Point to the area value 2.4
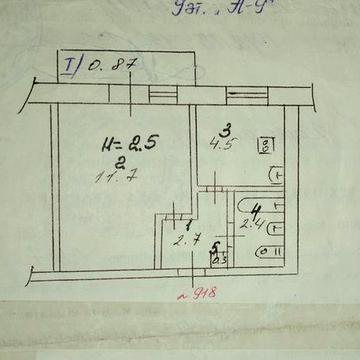[x=252, y=224]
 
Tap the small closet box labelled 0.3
[x=218, y=262]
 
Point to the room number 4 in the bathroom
[x=257, y=210]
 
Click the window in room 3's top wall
[x=239, y=92]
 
